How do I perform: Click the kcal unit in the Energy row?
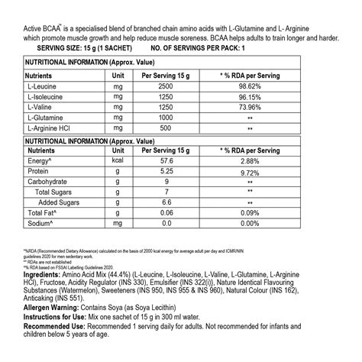click(x=118, y=163)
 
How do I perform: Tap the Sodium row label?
click(x=42, y=224)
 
